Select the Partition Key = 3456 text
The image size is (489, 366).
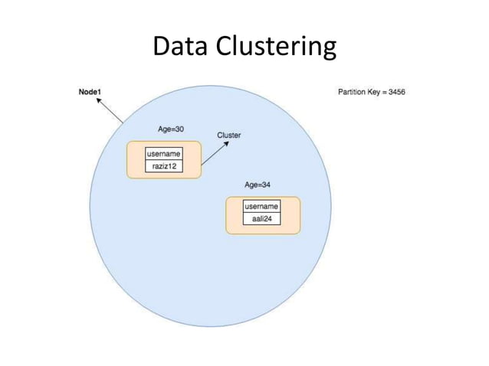pyautogui.click(x=371, y=93)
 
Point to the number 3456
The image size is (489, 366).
pyautogui.click(x=395, y=93)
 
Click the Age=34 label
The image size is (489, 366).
pyautogui.click(x=258, y=185)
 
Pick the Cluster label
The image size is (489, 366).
pyautogui.click(x=229, y=135)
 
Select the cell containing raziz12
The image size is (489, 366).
pyautogui.click(x=165, y=165)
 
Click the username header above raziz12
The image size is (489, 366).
pyautogui.click(x=165, y=154)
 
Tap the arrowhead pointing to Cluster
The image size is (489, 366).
pyautogui.click(x=225, y=144)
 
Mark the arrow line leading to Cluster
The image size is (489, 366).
pyautogui.click(x=214, y=154)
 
